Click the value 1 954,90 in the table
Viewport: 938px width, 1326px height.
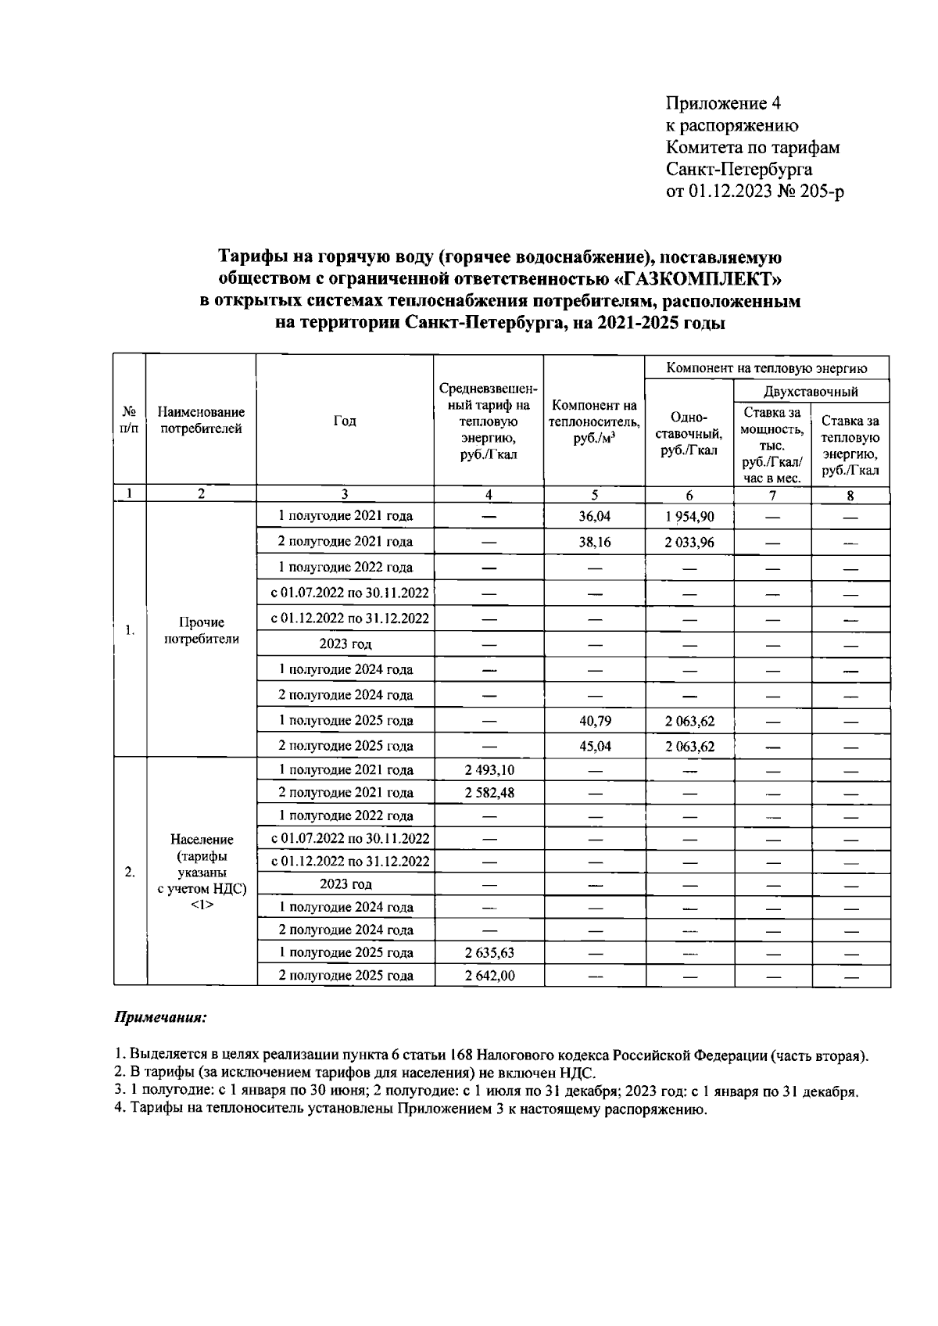689,516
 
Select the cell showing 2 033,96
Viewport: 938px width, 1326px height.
689,541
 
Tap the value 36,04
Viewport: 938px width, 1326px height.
594,516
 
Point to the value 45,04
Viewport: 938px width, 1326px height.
594,746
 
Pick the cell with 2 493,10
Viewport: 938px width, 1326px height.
489,769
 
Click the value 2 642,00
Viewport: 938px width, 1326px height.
489,975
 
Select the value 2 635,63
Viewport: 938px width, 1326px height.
489,952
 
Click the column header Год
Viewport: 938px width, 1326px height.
345,421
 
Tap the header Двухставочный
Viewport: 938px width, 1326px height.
811,391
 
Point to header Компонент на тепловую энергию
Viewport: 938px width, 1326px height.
766,367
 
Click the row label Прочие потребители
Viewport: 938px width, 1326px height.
201,630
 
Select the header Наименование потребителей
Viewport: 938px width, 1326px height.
201,420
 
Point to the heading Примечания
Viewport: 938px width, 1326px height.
161,1018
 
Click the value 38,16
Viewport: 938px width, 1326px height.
594,541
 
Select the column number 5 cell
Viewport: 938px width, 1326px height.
594,494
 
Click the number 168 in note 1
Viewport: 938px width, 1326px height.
460,1055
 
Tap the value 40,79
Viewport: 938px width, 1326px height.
594,721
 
